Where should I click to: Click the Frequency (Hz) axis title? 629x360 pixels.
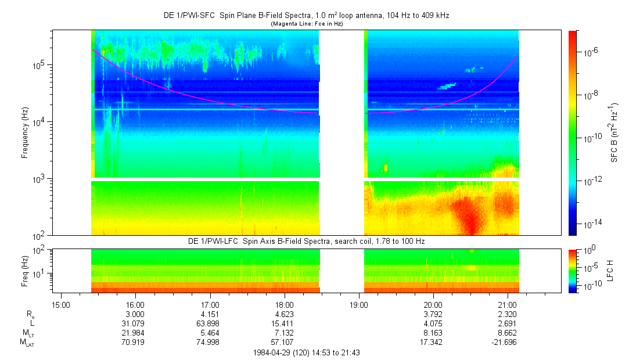point(25,133)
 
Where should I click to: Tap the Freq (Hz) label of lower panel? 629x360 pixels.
point(25,269)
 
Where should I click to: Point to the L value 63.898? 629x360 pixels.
point(210,323)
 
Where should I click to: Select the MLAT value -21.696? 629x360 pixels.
point(505,342)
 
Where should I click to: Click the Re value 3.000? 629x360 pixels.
point(136,314)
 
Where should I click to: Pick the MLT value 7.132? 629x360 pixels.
point(284,332)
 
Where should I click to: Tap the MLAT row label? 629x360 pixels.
point(27,343)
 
